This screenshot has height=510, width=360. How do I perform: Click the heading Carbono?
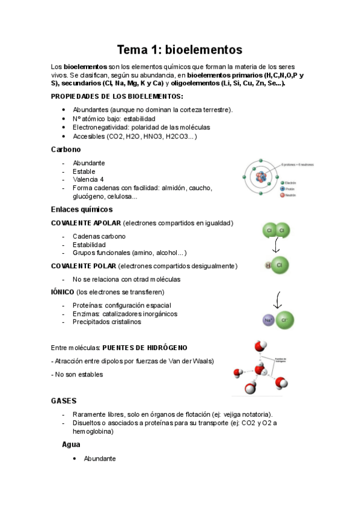(x=66, y=149)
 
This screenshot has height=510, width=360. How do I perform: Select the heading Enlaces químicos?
(x=82, y=209)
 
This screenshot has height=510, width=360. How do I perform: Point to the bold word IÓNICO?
(x=63, y=292)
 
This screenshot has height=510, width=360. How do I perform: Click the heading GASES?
(x=64, y=400)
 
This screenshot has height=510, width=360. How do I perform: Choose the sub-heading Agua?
(x=72, y=444)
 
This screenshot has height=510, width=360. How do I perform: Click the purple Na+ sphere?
(x=269, y=321)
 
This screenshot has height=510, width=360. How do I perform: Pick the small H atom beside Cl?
(x=268, y=265)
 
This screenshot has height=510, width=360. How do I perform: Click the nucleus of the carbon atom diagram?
(x=261, y=177)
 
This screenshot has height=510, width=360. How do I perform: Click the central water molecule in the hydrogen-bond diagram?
(x=260, y=369)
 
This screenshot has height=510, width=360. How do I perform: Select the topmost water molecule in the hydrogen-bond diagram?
(x=260, y=346)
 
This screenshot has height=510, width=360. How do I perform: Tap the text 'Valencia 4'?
(x=88, y=179)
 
